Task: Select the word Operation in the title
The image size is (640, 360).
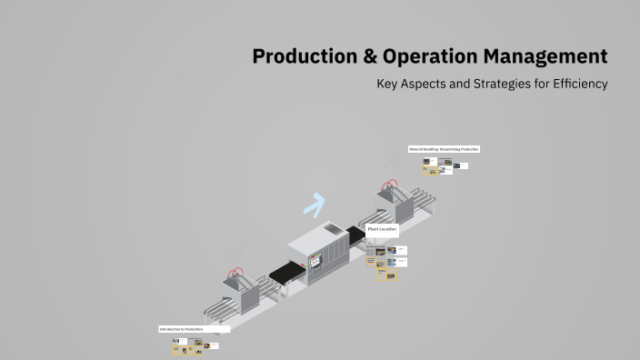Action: [x=427, y=57]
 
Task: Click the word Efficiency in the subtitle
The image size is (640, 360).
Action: [x=575, y=84]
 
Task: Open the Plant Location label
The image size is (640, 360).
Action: [x=382, y=230]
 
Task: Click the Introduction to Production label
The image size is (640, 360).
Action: [x=181, y=329]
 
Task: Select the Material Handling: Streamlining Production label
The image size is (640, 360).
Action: [x=444, y=149]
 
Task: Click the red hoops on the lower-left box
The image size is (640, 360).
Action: [x=238, y=272]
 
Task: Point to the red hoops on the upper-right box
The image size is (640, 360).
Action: [x=392, y=185]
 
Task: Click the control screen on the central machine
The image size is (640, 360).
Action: [x=315, y=263]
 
